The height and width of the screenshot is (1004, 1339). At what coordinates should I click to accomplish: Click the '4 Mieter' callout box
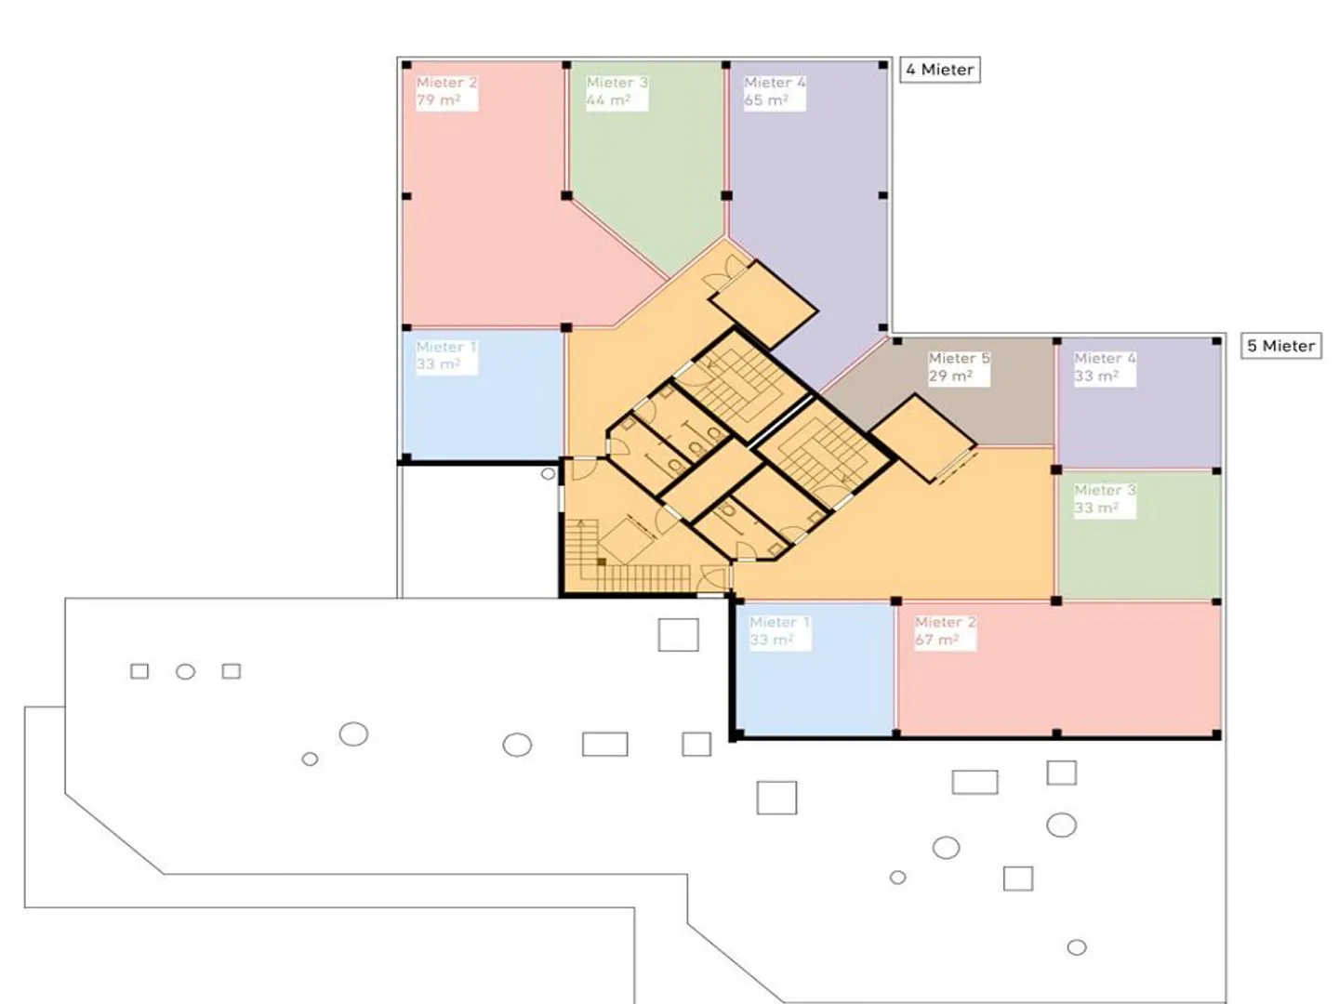pyautogui.click(x=939, y=70)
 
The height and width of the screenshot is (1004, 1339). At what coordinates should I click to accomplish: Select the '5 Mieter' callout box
pyautogui.click(x=1281, y=346)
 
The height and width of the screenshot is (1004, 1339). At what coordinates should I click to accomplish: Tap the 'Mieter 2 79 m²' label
pyautogui.click(x=446, y=91)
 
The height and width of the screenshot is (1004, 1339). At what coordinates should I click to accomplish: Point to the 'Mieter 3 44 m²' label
pyautogui.click(x=616, y=91)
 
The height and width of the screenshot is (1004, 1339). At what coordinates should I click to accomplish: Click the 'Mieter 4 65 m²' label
pyautogui.click(x=775, y=91)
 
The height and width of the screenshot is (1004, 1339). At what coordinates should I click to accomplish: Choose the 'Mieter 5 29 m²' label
pyautogui.click(x=959, y=367)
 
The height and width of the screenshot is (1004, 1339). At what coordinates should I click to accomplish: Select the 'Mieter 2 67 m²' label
pyautogui.click(x=945, y=631)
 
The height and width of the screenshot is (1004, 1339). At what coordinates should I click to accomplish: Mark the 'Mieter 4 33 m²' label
pyautogui.click(x=1105, y=367)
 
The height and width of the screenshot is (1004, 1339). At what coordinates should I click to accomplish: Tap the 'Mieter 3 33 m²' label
pyautogui.click(x=1105, y=499)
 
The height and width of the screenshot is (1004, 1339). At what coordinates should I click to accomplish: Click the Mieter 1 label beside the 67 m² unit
pyautogui.click(x=779, y=631)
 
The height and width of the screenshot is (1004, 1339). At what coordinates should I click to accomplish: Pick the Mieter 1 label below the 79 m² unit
pyautogui.click(x=446, y=355)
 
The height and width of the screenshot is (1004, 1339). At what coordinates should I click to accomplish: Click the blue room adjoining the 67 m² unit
pyautogui.click(x=814, y=688)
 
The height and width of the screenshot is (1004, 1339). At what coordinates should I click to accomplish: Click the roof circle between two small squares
pyautogui.click(x=185, y=671)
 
